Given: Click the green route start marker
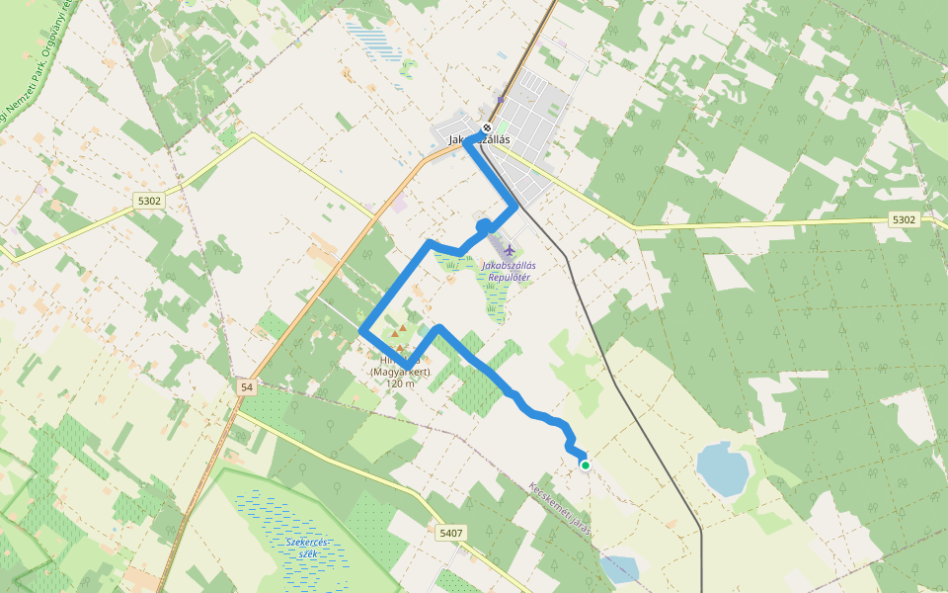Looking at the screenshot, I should pyautogui.click(x=586, y=465).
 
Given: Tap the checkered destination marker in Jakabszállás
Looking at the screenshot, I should pyautogui.click(x=487, y=127).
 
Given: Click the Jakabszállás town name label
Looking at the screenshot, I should pyautogui.click(x=480, y=140).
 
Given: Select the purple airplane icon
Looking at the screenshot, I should pyautogui.click(x=509, y=249).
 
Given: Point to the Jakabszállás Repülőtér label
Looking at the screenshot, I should pyautogui.click(x=507, y=271).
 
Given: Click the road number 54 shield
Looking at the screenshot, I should pyautogui.click(x=247, y=387).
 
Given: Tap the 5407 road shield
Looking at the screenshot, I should pyautogui.click(x=449, y=533).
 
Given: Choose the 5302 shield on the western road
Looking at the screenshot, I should pyautogui.click(x=149, y=201).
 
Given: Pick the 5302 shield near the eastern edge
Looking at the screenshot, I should pyautogui.click(x=903, y=219).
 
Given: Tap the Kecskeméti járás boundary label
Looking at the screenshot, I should pyautogui.click(x=560, y=508).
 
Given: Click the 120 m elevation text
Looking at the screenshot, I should pyautogui.click(x=400, y=383).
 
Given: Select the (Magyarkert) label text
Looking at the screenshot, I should pyautogui.click(x=400, y=372).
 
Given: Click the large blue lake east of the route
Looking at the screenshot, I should pyautogui.click(x=722, y=468).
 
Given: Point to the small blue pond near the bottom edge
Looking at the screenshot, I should pyautogui.click(x=619, y=569).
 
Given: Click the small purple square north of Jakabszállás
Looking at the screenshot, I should pyautogui.click(x=501, y=99).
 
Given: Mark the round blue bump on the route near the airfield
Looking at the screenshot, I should pyautogui.click(x=483, y=226).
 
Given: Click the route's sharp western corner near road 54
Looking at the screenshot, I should pyautogui.click(x=363, y=330).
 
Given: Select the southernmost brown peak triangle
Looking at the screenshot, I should pyautogui.click(x=399, y=348).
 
